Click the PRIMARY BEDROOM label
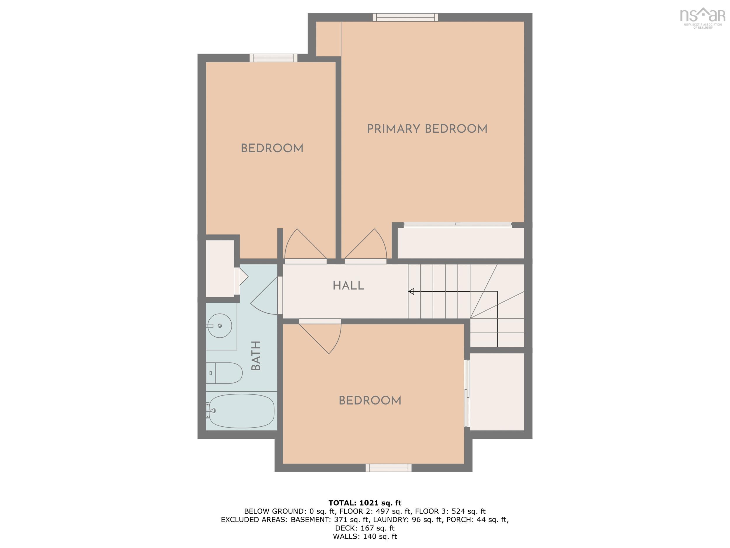pos(427,129)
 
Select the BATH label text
pos(256,356)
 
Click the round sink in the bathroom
pos(220,326)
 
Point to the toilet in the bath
pos(225,373)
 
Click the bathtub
pos(241,411)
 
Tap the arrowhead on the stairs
pos(411,291)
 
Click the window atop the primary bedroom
pos(405,17)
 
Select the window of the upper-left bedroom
pos(273,58)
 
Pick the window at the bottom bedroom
pos(388,468)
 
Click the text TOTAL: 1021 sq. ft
pos(365,503)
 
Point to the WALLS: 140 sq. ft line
pos(365,536)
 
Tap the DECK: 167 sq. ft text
pos(365,528)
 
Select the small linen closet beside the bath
pos(220,268)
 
